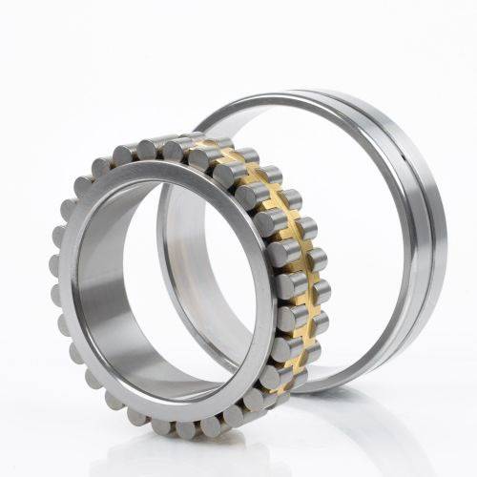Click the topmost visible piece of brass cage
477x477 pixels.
pyautogui.click(x=205, y=144)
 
